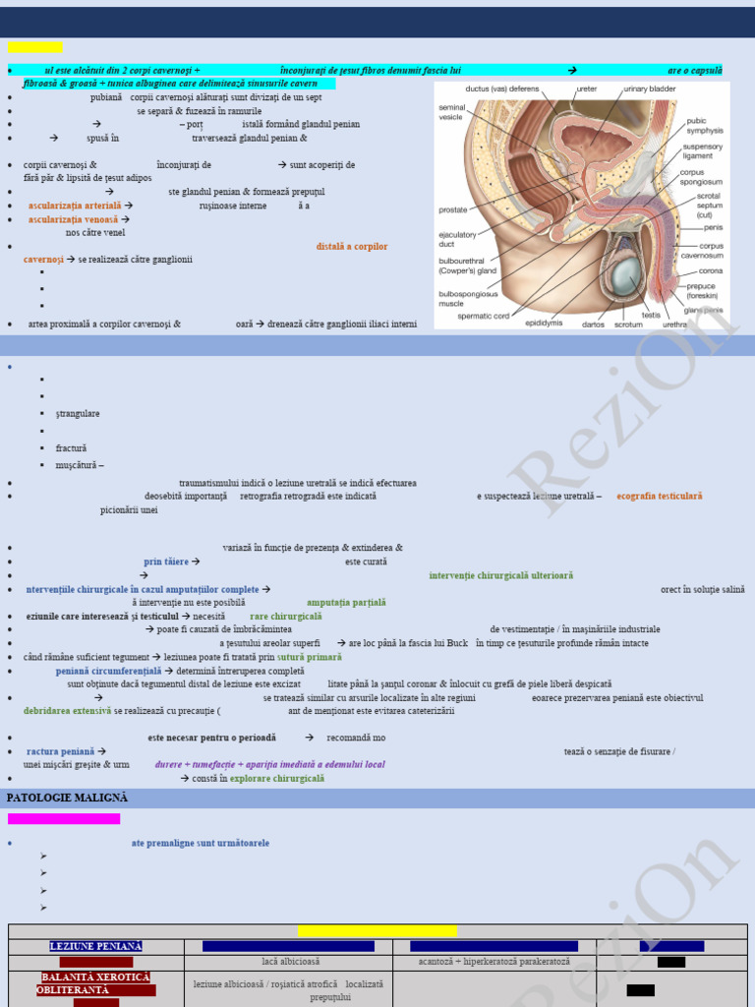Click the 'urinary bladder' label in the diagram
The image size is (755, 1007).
[x=649, y=89]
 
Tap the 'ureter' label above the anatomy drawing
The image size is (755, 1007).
[x=586, y=89]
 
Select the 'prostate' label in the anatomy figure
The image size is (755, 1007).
[x=452, y=209]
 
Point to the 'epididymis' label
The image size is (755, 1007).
[x=544, y=323]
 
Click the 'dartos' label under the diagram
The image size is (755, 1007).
[x=593, y=324]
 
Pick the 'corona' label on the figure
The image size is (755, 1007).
[x=710, y=270]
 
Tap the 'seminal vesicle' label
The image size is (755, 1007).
[x=451, y=111]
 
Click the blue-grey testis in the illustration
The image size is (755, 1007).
[x=625, y=278]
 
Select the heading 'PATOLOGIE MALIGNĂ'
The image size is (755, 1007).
[x=67, y=798]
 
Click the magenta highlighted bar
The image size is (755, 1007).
[x=64, y=818]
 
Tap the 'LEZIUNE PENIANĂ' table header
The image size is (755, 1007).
[x=95, y=946]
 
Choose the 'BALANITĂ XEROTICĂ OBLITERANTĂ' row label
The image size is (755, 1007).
[x=95, y=983]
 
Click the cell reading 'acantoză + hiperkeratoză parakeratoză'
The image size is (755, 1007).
[x=494, y=962]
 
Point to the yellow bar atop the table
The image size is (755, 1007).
[x=377, y=930]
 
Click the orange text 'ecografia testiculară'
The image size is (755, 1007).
[x=659, y=496]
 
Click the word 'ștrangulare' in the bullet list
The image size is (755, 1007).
[x=78, y=413]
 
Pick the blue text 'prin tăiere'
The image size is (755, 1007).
[x=166, y=562]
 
